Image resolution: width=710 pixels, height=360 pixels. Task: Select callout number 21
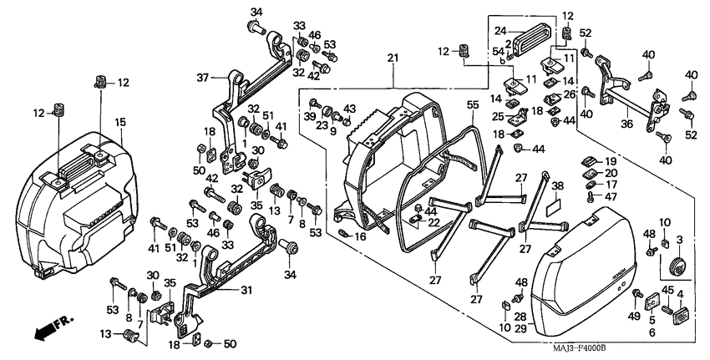392,58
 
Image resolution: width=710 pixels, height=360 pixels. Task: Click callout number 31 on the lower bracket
246,290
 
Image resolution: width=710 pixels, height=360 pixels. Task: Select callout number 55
472,106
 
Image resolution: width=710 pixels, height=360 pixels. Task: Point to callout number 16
360,237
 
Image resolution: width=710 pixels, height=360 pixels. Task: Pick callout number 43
350,109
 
